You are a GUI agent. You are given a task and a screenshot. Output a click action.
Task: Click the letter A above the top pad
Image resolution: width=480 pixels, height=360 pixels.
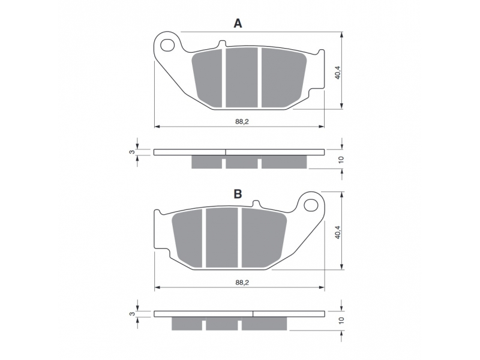[238, 23]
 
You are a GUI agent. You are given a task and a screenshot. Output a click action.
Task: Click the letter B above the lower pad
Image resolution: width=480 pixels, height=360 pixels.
[238, 194]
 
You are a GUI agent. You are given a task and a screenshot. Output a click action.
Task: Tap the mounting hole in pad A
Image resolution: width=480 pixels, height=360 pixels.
[167, 46]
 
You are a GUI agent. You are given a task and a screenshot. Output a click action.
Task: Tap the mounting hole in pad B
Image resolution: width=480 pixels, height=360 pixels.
[311, 205]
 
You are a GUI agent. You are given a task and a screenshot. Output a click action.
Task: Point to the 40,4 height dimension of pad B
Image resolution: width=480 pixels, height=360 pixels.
[338, 232]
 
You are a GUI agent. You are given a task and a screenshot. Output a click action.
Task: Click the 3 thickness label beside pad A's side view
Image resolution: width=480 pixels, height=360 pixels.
[131, 152]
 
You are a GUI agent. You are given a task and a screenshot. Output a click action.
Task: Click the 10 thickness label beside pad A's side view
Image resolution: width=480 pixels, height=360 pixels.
[341, 160]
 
